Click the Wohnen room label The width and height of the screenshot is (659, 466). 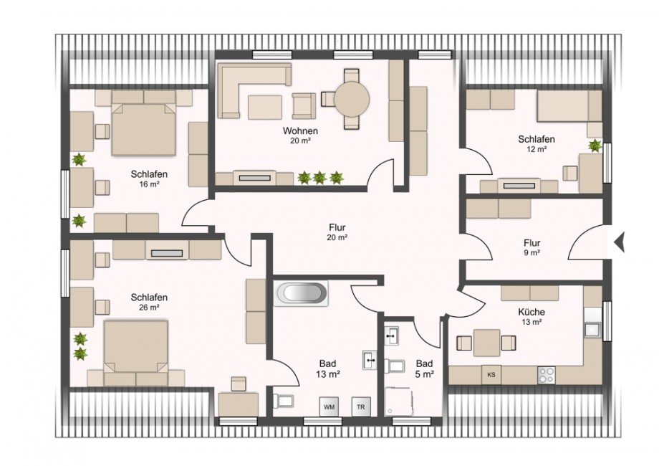click(300, 131)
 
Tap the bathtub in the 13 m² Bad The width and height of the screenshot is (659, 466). click(301, 293)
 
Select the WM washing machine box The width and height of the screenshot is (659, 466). click(329, 406)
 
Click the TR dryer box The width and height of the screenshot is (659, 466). click(360, 406)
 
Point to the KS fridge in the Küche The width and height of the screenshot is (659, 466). click(491, 374)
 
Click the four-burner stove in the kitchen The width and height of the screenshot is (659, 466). click(547, 374)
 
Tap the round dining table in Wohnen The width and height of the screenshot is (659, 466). click(351, 98)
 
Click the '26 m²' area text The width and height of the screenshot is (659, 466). click(149, 308)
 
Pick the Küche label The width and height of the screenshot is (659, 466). click(531, 312)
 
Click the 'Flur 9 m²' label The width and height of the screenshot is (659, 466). click(531, 247)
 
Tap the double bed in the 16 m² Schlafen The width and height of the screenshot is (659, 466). click(143, 129)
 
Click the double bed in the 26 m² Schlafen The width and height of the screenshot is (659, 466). click(136, 348)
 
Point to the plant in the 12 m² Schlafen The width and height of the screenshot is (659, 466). click(595, 146)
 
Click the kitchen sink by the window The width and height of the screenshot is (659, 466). click(592, 329)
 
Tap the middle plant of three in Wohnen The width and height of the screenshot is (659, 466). click(320, 177)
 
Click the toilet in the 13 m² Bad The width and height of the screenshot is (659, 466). click(284, 399)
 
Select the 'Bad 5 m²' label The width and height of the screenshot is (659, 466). click(424, 368)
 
